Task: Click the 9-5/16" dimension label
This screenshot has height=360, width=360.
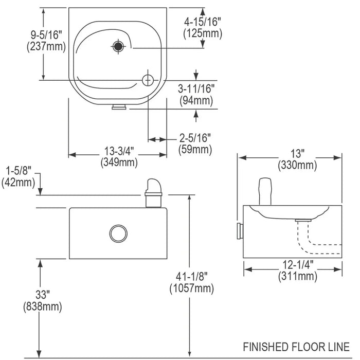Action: tap(46, 34)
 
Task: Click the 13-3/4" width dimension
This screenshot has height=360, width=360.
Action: tap(119, 151)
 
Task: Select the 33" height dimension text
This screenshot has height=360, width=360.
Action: tap(42, 296)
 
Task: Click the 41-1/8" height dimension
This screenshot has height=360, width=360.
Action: tap(191, 278)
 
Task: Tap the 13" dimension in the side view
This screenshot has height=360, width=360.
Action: tap(297, 154)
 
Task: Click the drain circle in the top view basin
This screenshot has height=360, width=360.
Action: tap(148, 80)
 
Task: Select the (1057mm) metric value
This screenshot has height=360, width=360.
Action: tap(191, 289)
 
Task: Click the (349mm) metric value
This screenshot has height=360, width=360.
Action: tap(119, 163)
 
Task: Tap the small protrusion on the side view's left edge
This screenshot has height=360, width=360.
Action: tap(240, 231)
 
